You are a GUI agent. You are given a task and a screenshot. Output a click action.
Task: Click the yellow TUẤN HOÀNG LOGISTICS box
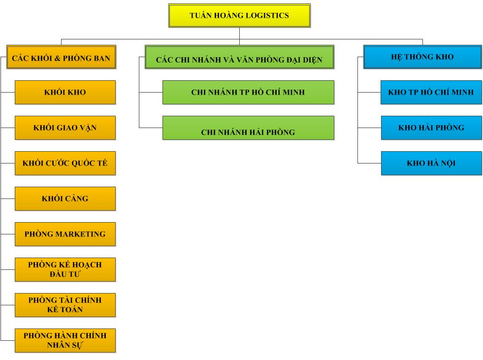[239, 15]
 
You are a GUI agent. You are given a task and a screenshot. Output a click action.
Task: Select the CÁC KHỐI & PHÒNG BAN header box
[62, 57]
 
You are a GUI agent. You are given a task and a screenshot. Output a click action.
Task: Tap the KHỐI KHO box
[65, 92]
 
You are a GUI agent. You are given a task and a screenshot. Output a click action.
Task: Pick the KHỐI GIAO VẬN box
[65, 128]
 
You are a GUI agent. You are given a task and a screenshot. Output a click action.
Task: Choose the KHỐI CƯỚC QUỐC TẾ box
[65, 163]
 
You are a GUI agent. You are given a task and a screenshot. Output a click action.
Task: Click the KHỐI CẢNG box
[65, 198]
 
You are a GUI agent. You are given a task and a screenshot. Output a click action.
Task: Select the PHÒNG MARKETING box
[65, 234]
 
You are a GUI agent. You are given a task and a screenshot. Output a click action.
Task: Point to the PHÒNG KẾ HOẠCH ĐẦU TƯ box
[65, 269]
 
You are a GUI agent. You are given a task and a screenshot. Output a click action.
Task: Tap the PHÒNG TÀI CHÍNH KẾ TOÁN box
[65, 305]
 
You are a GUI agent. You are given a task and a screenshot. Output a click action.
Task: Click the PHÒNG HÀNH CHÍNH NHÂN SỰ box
[65, 340]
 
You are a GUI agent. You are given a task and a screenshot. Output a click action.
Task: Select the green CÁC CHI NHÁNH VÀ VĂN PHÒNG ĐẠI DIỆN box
[239, 57]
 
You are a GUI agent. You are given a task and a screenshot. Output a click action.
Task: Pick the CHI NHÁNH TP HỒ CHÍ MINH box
[248, 92]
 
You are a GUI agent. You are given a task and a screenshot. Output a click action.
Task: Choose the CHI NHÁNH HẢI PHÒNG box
[248, 128]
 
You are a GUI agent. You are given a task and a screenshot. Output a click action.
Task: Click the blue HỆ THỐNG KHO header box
[422, 57]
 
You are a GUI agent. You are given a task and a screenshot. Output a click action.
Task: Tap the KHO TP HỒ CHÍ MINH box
[431, 92]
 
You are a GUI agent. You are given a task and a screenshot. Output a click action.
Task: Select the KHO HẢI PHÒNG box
[431, 128]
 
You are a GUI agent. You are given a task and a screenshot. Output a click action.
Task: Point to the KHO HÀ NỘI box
[431, 163]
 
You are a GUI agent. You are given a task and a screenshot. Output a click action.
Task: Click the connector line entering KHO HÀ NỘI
[369, 163]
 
